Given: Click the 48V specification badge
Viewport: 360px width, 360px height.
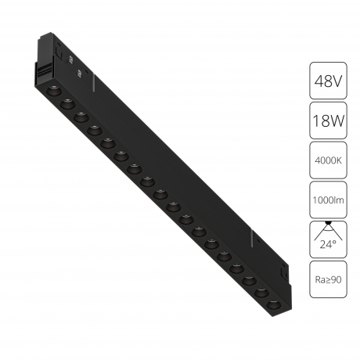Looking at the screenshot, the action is click(x=328, y=81).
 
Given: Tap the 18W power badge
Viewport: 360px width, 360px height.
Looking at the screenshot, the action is click(x=328, y=121).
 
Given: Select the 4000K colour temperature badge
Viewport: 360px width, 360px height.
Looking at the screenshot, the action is click(x=328, y=160).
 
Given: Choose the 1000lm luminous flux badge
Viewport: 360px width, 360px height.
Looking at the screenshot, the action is click(x=328, y=200).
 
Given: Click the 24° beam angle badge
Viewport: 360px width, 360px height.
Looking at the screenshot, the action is click(x=328, y=239).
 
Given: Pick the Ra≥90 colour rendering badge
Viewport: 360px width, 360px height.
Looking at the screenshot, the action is click(x=328, y=279).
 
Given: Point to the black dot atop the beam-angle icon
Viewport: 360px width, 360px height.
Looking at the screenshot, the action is click(x=328, y=223).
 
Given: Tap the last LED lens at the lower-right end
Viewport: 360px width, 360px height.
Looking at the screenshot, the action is click(x=274, y=304).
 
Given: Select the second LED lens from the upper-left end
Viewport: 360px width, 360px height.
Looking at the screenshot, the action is click(x=67, y=104).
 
